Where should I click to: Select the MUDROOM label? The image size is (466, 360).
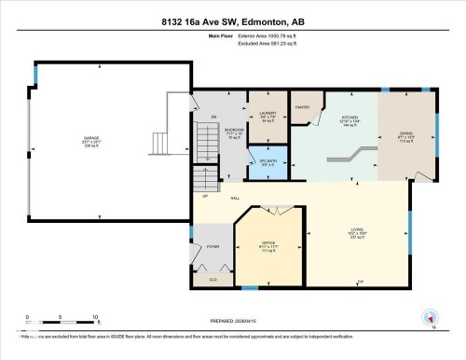(x=233, y=131)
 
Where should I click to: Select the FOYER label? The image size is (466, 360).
(x=212, y=246)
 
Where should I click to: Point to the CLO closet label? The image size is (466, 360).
(x=212, y=278)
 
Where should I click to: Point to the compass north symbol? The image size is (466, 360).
(x=431, y=318)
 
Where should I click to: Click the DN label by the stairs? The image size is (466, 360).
(x=213, y=118)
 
